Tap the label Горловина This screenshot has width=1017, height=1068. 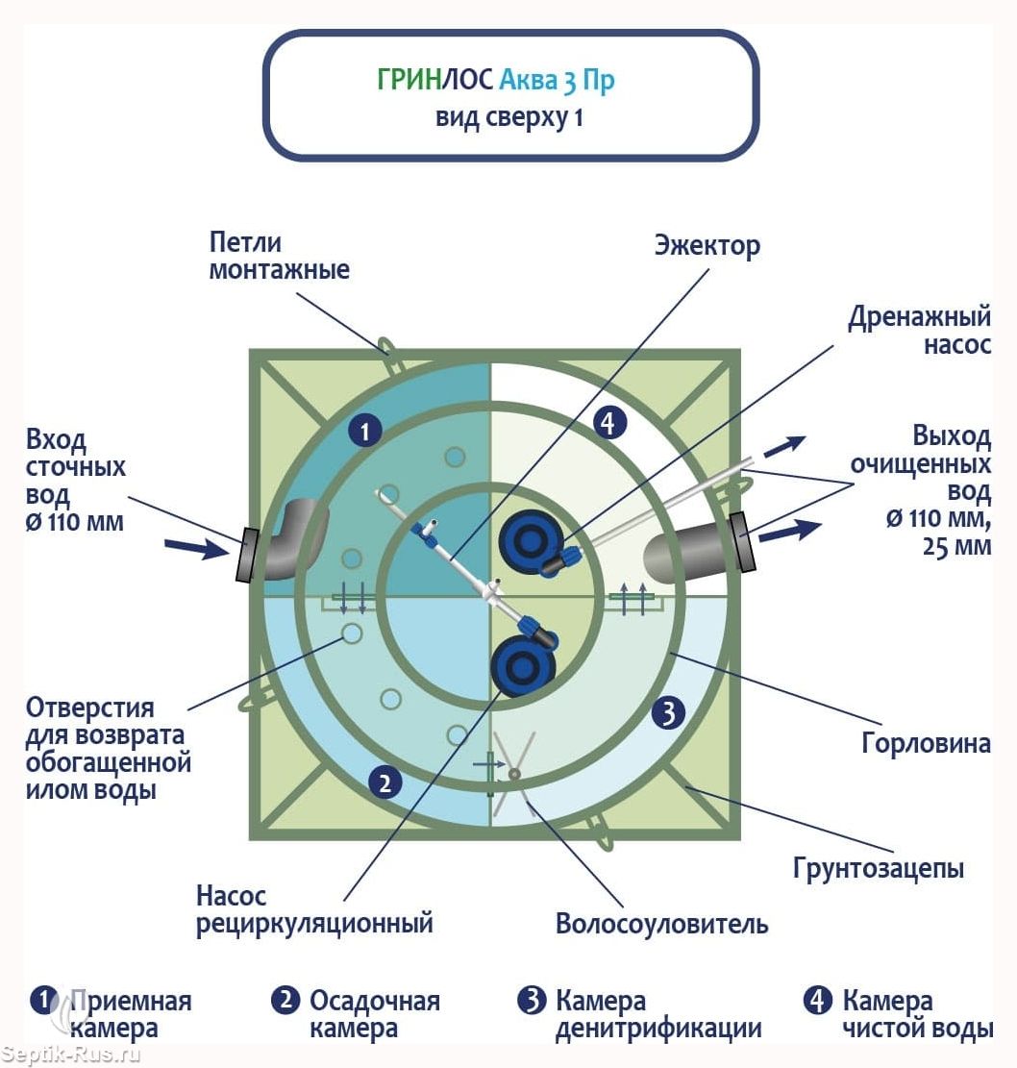(926, 743)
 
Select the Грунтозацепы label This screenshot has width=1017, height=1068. (878, 868)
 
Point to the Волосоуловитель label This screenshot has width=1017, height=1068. (661, 924)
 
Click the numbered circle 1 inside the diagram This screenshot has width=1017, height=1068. (365, 432)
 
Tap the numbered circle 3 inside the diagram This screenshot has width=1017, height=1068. (668, 713)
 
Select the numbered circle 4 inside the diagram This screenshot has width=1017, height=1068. (608, 423)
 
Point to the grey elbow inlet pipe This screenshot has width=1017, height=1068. (294, 539)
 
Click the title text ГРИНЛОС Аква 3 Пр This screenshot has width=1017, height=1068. (496, 80)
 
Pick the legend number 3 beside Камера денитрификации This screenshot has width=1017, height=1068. (532, 1001)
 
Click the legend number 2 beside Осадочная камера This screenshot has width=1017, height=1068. (285, 1001)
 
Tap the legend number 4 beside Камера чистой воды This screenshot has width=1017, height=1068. (817, 1001)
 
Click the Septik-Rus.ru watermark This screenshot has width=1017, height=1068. (71, 1056)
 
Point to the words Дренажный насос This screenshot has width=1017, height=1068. (920, 331)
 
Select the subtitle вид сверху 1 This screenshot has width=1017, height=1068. (509, 118)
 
